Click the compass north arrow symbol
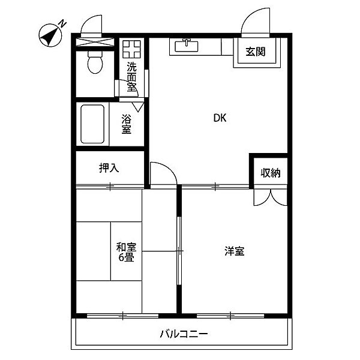50,35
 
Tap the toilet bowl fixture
95,62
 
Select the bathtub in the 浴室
92,124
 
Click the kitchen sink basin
187,46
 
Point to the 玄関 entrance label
256,52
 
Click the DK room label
220,118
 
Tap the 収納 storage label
271,173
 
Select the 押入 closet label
109,168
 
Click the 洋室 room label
235,251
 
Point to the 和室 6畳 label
126,252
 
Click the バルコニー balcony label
184,334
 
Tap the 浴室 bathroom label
126,124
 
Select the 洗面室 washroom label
131,77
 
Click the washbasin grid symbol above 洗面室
131,49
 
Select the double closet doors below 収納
271,197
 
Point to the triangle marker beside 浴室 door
138,107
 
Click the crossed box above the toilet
95,42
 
